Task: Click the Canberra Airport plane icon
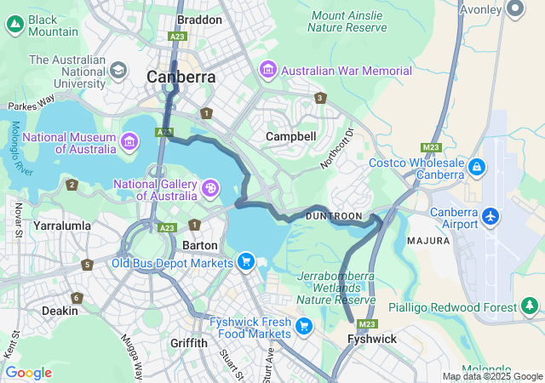[490, 216]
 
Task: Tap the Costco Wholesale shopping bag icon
[477, 169]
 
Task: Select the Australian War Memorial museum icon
[268, 69]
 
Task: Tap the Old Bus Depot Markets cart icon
[245, 261]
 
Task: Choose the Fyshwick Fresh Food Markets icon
[304, 326]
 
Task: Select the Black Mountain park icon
[14, 25]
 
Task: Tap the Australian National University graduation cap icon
[118, 69]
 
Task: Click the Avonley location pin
[514, 9]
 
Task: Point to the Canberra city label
[181, 77]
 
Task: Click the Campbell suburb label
[290, 136]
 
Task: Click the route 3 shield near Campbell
[320, 98]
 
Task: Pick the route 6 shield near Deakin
[77, 298]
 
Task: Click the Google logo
[29, 372]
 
